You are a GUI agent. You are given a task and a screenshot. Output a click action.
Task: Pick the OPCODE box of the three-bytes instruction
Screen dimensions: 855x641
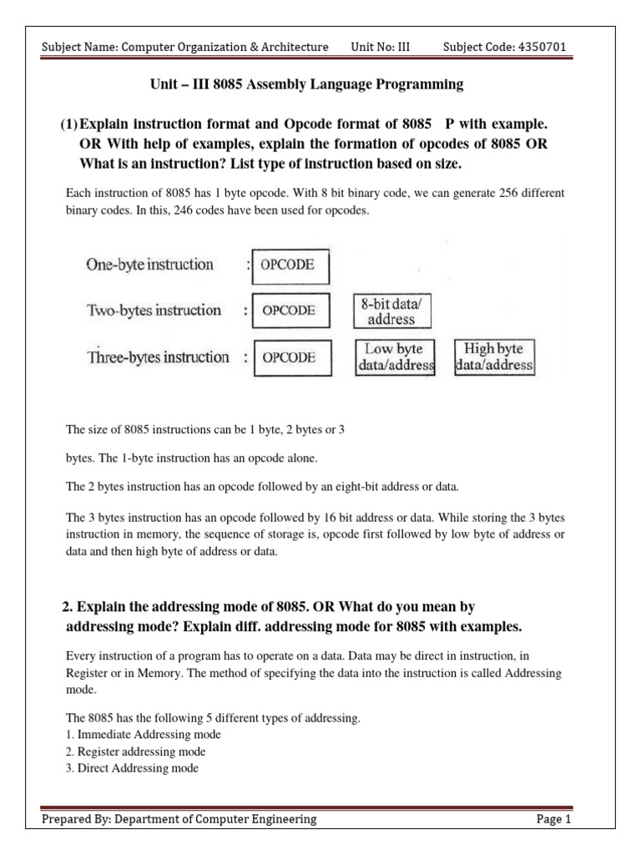[290, 358]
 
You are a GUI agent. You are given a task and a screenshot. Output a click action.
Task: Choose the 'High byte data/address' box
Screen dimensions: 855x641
[494, 357]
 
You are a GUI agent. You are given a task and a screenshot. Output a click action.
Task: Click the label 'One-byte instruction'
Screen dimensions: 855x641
[149, 266]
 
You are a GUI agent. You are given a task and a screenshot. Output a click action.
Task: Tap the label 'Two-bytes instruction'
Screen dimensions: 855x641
[154, 311]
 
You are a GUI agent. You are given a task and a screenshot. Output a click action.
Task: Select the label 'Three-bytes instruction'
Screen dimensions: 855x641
[157, 357]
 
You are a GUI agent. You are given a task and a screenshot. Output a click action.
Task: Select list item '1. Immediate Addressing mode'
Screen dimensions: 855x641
[144, 735]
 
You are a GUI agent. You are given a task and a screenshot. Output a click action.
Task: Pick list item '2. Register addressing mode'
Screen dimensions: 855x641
[135, 751]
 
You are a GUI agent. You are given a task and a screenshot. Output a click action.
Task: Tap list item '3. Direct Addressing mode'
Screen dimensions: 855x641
[132, 768]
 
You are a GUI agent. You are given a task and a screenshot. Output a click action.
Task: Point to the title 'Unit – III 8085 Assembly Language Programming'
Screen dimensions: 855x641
[305, 85]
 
